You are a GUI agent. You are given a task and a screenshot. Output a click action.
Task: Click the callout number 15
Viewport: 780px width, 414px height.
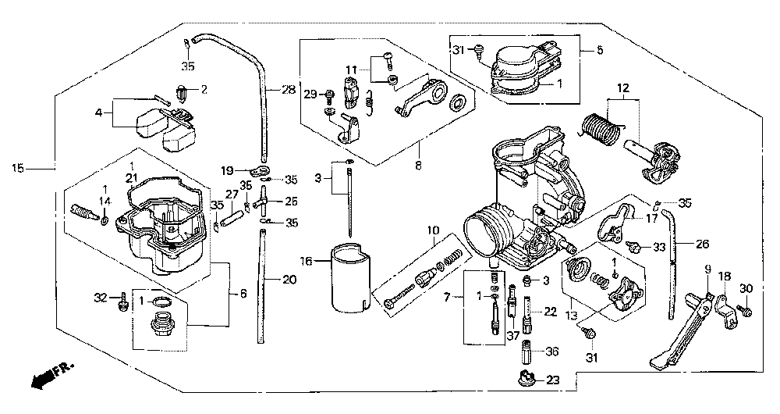[17, 169]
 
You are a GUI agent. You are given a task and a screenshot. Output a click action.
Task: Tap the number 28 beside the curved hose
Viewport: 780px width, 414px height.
[288, 90]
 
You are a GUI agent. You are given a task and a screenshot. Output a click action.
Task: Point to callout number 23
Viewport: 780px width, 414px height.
[553, 380]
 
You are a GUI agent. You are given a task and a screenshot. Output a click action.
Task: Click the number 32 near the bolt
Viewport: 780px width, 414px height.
[101, 298]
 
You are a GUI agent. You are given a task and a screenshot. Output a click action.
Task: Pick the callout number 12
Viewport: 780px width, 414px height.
[622, 89]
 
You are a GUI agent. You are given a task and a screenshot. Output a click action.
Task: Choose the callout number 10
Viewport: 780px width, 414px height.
[433, 230]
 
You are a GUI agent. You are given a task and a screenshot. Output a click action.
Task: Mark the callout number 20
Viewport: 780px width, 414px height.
[289, 280]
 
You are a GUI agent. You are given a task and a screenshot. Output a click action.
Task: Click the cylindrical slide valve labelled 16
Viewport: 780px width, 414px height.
[351, 279]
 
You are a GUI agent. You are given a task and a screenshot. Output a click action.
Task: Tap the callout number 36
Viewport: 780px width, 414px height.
[552, 352]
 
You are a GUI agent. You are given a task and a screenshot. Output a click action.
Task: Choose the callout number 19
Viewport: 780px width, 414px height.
[227, 171]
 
